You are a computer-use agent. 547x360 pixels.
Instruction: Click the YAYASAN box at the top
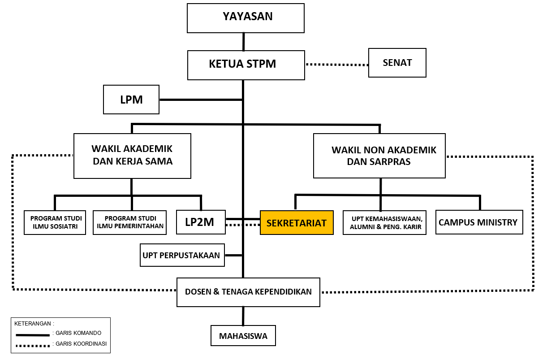point(246,18)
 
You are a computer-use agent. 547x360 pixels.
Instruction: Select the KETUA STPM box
point(246,65)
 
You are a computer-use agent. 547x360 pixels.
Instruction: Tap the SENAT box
point(397,63)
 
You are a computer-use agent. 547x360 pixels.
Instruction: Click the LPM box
point(131,100)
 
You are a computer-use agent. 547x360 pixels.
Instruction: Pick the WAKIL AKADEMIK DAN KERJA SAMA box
point(132,156)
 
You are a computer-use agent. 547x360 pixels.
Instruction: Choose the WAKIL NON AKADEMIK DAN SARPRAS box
point(379,156)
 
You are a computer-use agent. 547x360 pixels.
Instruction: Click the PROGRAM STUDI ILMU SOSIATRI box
point(55,222)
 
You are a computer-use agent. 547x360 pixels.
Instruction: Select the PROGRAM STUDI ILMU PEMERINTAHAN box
point(130,222)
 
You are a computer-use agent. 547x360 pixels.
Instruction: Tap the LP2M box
point(201,222)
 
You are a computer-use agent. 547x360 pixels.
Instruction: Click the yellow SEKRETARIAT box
point(297,223)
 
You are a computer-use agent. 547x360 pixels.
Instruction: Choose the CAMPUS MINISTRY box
point(478,222)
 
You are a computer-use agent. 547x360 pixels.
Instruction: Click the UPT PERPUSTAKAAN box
point(182,255)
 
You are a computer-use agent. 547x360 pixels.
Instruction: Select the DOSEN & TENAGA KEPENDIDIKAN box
point(248,292)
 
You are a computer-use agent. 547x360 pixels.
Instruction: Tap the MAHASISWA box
point(243,336)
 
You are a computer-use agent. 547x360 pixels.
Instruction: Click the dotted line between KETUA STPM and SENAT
point(336,65)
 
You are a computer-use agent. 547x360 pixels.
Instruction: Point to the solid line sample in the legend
point(32,334)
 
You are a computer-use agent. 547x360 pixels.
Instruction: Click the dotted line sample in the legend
point(32,346)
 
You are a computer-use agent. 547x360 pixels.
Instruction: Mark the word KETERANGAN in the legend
point(34,323)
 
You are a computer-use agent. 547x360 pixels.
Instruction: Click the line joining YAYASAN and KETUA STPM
point(244,42)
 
